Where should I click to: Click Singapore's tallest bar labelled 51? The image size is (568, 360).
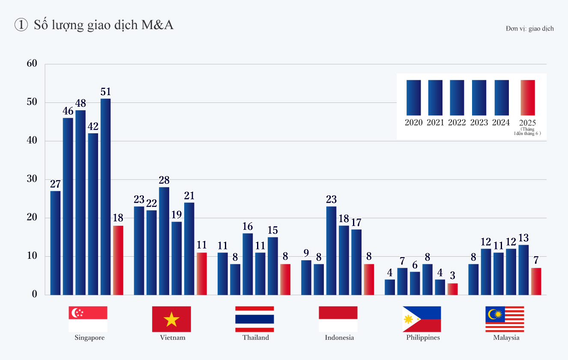105,197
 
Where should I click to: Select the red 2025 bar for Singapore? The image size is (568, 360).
118,260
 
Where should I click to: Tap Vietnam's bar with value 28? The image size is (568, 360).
164,241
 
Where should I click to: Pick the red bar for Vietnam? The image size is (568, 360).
202,273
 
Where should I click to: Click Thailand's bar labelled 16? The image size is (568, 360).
248,264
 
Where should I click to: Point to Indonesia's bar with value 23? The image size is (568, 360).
331,251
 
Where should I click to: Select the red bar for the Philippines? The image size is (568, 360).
452,289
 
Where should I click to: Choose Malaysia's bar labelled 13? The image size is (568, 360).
523,270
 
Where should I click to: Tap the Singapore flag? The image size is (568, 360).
88,319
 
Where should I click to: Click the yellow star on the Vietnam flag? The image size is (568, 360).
171,319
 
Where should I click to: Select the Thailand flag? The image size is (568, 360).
254,319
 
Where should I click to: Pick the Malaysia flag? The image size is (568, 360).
505,319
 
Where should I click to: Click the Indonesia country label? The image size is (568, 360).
339,338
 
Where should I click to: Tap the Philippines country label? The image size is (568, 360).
423,338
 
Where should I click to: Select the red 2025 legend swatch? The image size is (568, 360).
527,98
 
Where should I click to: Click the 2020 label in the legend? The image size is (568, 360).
413,123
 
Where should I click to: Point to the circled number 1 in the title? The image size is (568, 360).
21,25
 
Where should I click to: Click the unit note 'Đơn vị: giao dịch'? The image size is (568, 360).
529,29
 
